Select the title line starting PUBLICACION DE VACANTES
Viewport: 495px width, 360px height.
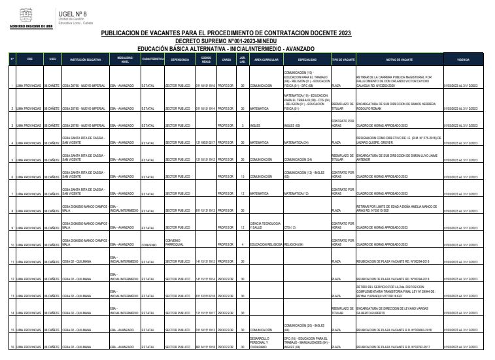pyautogui.click(x=226, y=33)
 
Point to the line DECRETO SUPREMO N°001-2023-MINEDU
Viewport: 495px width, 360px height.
pyautogui.click(x=225, y=41)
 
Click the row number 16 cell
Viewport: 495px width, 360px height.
pyautogui.click(x=11, y=347)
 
